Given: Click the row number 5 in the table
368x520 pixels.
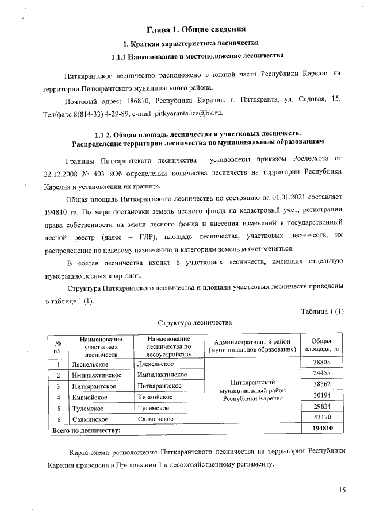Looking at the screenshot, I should click(58, 408).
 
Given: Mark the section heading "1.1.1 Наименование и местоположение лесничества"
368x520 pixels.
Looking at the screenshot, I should click(197, 56).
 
